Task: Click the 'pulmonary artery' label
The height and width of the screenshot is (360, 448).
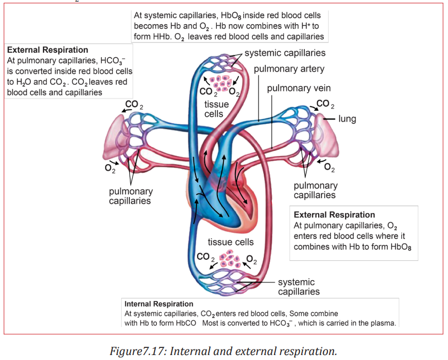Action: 289,69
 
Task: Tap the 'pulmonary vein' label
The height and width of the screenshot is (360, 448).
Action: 299,88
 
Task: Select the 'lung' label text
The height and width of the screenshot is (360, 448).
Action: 347,119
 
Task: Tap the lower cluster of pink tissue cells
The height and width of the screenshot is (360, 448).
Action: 230,259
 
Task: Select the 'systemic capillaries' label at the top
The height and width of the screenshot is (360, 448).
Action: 285,53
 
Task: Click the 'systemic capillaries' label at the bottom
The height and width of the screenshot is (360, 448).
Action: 298,287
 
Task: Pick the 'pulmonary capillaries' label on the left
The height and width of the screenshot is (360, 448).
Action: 130,196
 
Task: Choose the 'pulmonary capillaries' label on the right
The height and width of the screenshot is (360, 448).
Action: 315,190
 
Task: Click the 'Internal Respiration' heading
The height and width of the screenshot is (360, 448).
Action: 159,304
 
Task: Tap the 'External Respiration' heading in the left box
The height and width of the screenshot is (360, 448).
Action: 47,50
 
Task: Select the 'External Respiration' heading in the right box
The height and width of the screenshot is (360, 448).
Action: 334,215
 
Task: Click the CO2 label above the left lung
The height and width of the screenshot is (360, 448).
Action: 134,105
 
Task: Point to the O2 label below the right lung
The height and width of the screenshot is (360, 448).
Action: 329,167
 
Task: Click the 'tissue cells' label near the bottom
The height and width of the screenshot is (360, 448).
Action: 231,242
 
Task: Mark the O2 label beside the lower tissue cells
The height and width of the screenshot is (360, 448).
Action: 252,259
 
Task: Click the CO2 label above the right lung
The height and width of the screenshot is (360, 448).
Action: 325,104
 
